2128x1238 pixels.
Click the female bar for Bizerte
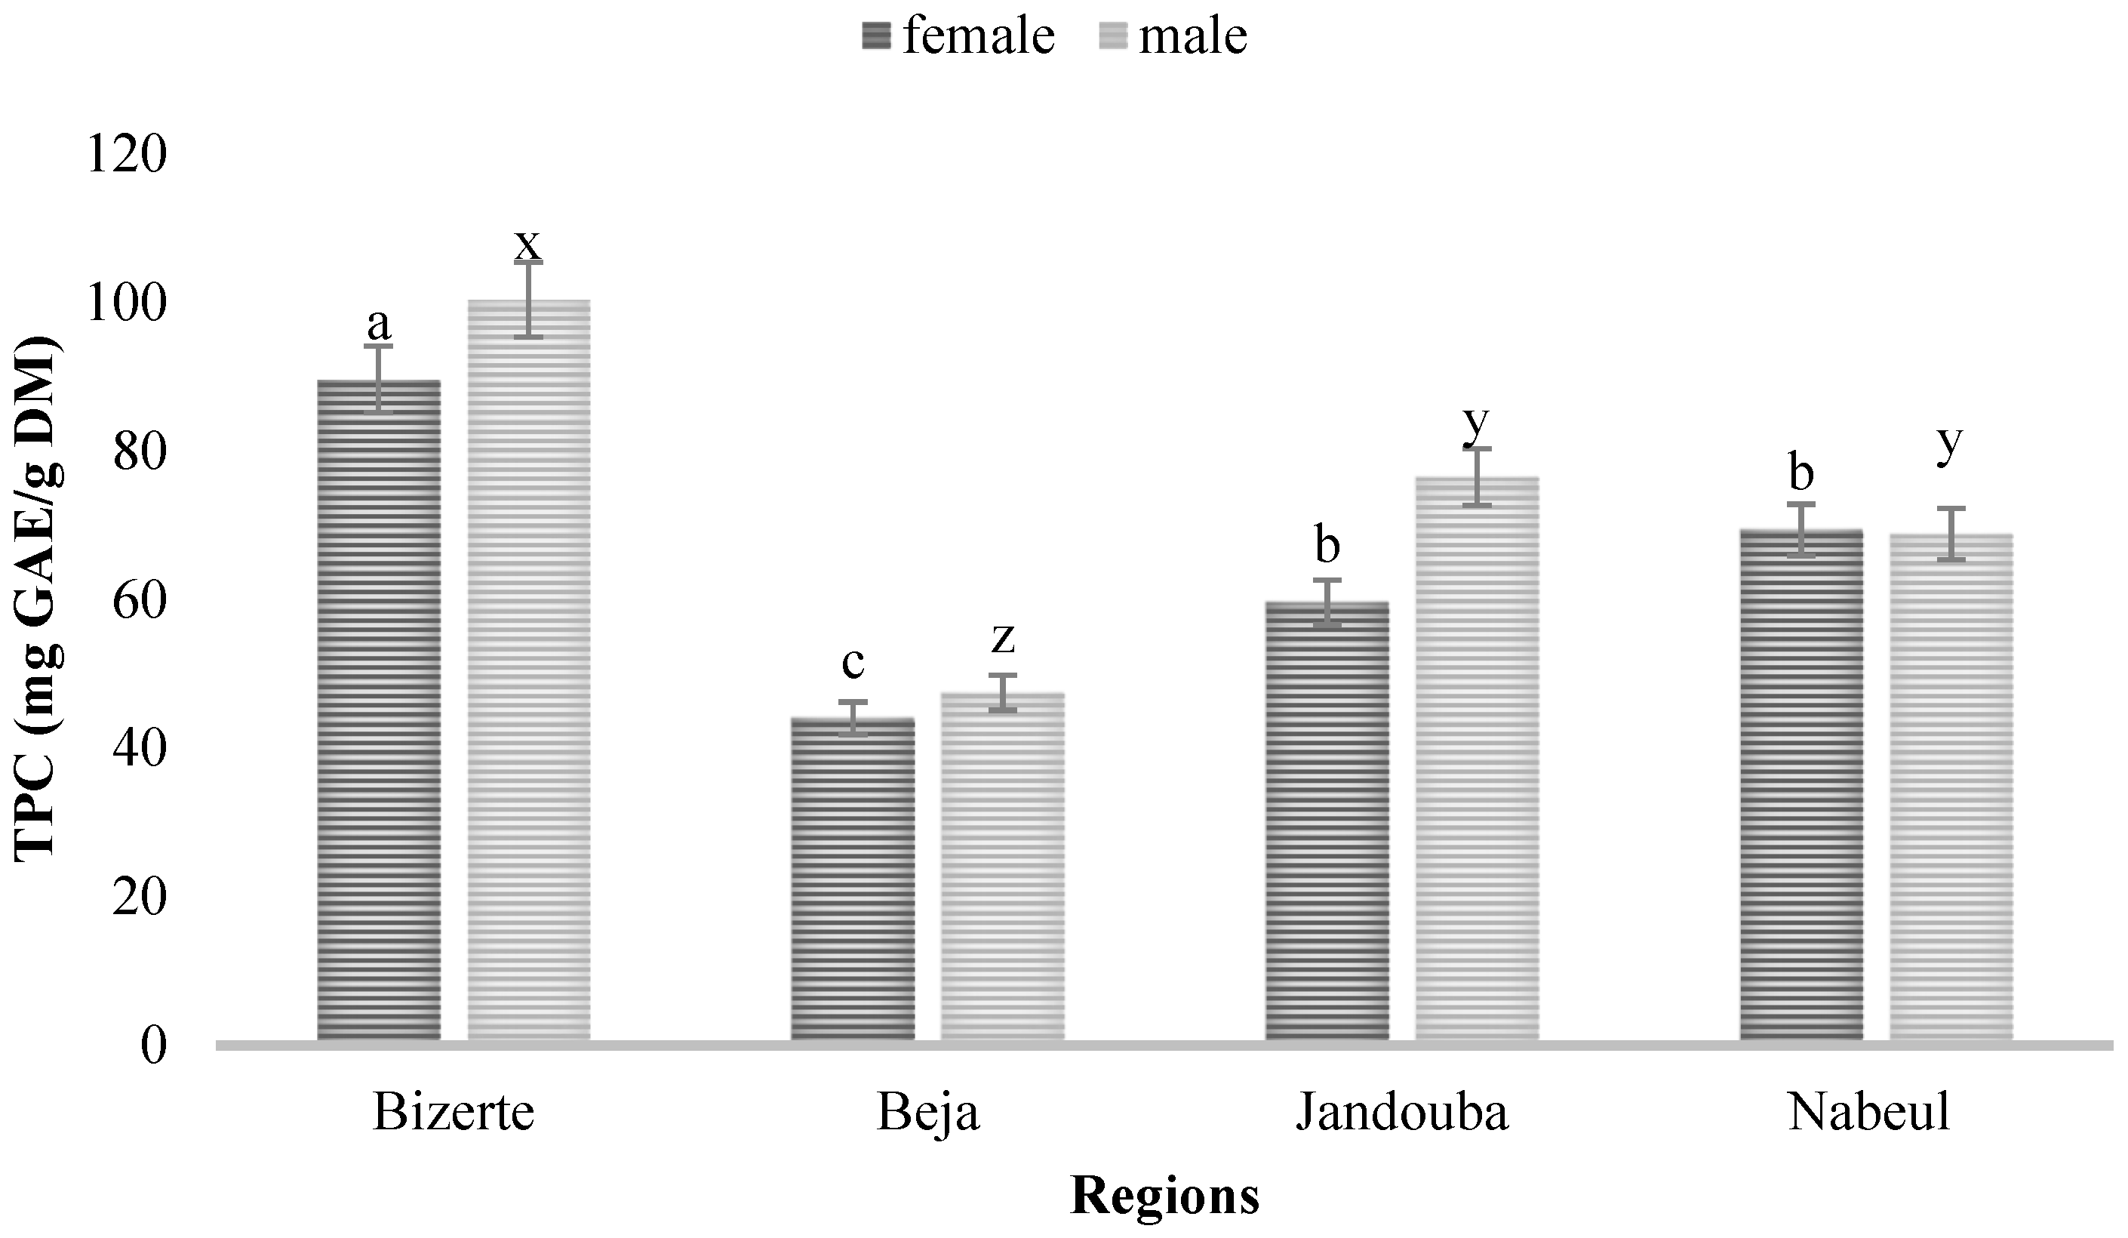click(378, 710)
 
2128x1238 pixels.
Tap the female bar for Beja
click(853, 878)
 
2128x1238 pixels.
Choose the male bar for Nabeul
click(1951, 785)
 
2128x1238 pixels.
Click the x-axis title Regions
click(1164, 1196)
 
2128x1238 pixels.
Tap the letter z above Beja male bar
click(1002, 639)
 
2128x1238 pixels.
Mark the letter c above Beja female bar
click(853, 663)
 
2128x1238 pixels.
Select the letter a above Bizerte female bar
click(378, 322)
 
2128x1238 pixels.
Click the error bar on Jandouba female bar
click(1327, 603)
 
